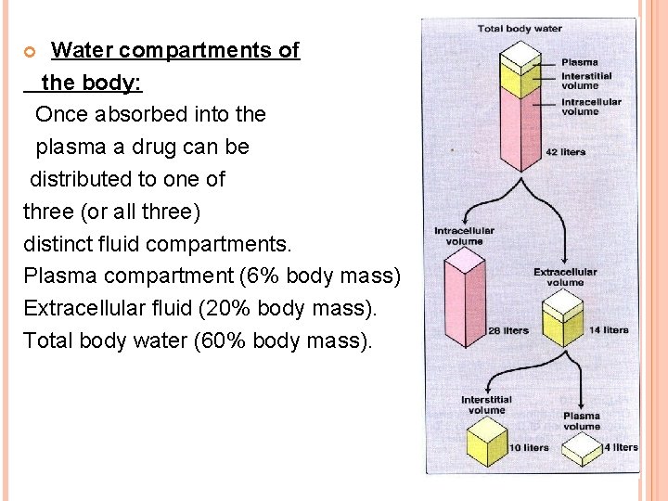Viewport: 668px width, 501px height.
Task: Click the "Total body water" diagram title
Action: coord(520,29)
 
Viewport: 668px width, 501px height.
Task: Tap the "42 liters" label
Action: coord(565,152)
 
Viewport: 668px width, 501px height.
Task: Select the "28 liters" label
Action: coord(509,330)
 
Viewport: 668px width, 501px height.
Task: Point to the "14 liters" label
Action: coord(609,329)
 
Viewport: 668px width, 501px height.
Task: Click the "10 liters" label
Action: coord(530,448)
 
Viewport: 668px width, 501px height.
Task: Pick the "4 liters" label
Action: coord(620,447)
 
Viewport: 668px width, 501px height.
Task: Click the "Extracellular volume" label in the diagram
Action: coord(565,276)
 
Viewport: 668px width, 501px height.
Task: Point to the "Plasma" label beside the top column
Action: coord(580,62)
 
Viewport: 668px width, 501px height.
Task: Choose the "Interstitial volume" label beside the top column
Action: coord(586,81)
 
